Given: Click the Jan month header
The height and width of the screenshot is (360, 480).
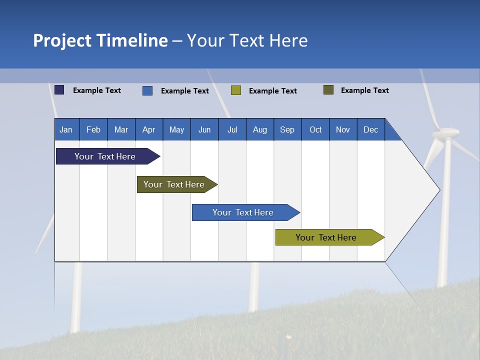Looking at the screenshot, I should (x=66, y=129).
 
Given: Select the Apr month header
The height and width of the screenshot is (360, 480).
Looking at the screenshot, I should (x=149, y=129).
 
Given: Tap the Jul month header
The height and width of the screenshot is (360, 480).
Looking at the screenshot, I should (x=232, y=129).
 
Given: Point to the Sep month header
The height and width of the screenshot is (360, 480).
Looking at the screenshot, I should (x=287, y=129).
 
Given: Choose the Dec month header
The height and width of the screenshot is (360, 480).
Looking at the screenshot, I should (x=370, y=129).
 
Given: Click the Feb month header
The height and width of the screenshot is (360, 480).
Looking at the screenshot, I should (x=93, y=129).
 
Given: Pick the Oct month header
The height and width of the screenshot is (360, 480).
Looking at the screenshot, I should (x=315, y=129).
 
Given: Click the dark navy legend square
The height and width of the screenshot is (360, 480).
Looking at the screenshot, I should (x=59, y=90).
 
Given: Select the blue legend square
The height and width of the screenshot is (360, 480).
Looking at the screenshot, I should (x=147, y=90).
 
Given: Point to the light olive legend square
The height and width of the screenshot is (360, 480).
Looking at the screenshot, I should (x=236, y=90).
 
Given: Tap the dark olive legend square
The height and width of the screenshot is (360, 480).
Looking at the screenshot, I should (x=328, y=90).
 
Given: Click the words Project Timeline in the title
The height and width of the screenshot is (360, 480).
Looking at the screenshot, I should (x=100, y=40).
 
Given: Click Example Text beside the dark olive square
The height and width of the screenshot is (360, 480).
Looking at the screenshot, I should (x=364, y=90).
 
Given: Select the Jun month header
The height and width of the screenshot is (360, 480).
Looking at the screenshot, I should (x=204, y=129).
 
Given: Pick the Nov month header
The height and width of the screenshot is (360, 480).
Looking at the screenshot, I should (x=343, y=129).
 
